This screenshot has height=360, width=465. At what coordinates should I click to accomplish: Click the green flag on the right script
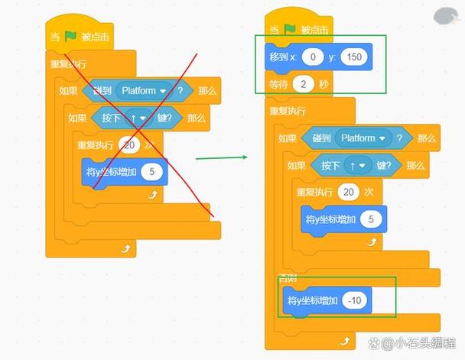click(x=290, y=30)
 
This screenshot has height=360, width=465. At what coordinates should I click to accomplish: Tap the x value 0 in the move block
click(x=311, y=57)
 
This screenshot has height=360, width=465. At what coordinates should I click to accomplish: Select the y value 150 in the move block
click(x=353, y=57)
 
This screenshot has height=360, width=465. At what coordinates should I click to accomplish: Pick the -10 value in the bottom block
click(x=354, y=300)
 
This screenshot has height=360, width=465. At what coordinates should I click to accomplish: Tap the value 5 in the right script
click(x=371, y=219)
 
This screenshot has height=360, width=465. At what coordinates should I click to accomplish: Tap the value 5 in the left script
click(x=151, y=172)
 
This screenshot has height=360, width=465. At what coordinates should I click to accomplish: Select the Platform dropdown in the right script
click(x=363, y=138)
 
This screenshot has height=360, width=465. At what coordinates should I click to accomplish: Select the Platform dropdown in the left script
click(x=145, y=90)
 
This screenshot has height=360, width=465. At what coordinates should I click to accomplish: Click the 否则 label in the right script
click(x=288, y=276)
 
